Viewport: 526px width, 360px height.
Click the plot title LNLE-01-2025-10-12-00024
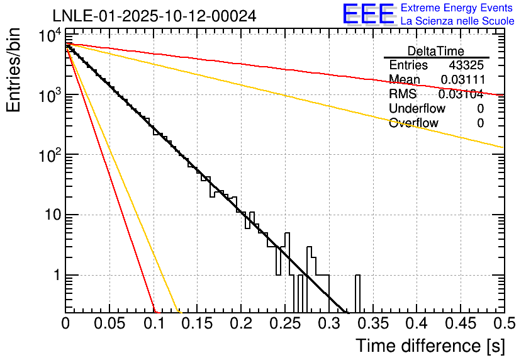tap(154, 16)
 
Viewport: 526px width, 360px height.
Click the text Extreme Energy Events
tap(457, 8)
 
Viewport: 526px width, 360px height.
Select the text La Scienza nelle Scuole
tap(457, 21)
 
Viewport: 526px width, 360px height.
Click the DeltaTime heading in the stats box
tap(436, 51)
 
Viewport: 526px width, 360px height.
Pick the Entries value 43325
tap(466, 65)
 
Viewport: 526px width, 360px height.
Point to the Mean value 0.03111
tap(462, 79)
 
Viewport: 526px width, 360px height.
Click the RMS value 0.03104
tap(461, 94)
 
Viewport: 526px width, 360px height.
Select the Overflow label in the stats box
tap(413, 123)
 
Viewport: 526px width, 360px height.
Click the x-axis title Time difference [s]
tap(430, 346)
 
